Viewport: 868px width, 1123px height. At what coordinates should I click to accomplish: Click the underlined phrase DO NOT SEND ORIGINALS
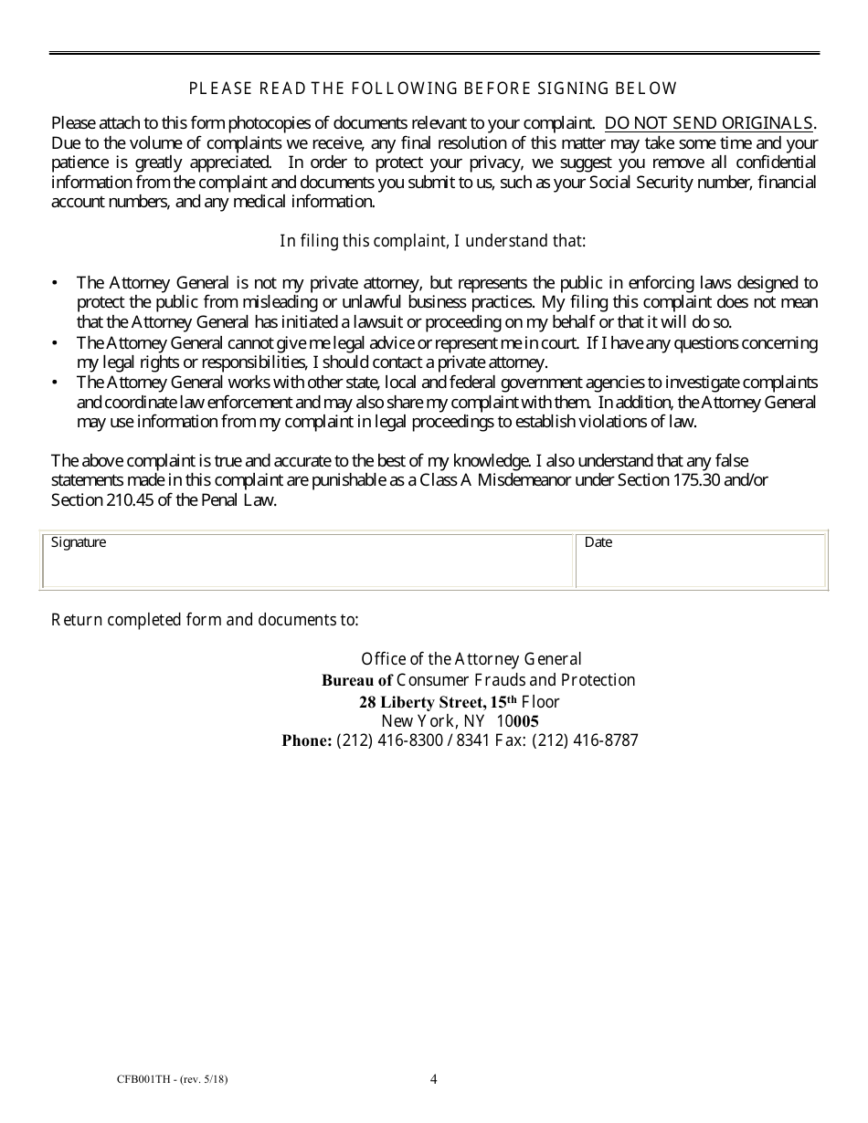709,123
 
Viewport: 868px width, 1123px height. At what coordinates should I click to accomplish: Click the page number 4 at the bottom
434,1080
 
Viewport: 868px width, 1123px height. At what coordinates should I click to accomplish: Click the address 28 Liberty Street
422,702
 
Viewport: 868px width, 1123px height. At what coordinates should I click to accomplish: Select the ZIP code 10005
517,721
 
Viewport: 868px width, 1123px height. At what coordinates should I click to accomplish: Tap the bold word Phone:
306,740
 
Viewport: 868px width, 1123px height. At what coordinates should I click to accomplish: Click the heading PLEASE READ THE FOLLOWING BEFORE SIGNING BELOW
433,89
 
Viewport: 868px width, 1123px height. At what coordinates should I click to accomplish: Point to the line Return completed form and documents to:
205,620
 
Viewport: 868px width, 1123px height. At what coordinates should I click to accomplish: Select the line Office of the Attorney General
471,659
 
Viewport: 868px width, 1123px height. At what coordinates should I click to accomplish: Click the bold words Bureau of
356,680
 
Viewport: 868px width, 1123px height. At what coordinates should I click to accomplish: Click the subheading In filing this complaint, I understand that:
432,241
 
